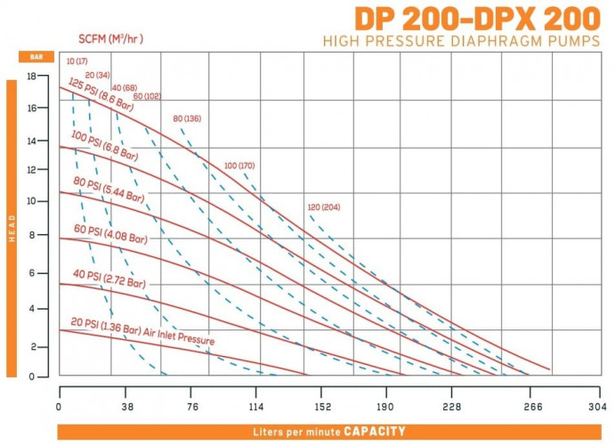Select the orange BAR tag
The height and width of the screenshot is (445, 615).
[36, 56]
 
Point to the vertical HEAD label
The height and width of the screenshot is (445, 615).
[12, 228]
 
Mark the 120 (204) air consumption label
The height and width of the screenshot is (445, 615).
[324, 207]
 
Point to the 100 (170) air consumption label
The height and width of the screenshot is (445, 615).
[239, 166]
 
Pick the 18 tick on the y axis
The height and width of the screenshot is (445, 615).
[31, 77]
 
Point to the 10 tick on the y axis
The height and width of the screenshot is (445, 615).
[31, 201]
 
